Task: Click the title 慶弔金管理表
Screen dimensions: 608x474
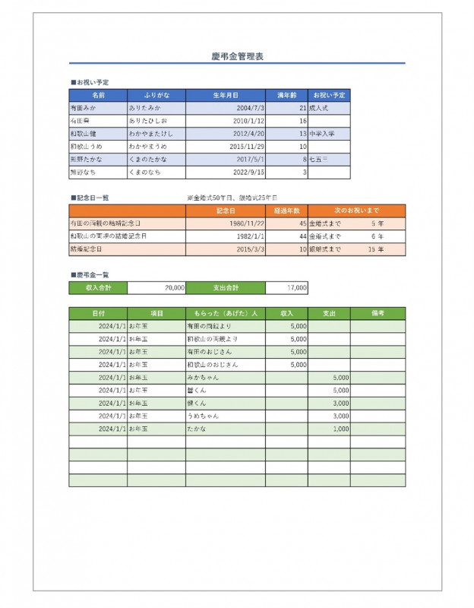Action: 237,56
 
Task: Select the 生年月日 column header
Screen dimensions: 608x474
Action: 226,95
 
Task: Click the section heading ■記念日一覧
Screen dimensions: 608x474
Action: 89,197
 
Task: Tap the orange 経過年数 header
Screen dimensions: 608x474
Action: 286,211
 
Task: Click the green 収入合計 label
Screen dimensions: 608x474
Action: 98,288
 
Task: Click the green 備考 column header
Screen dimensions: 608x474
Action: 378,312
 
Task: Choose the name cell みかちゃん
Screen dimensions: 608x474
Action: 202,377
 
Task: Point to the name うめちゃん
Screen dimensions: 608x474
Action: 202,416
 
